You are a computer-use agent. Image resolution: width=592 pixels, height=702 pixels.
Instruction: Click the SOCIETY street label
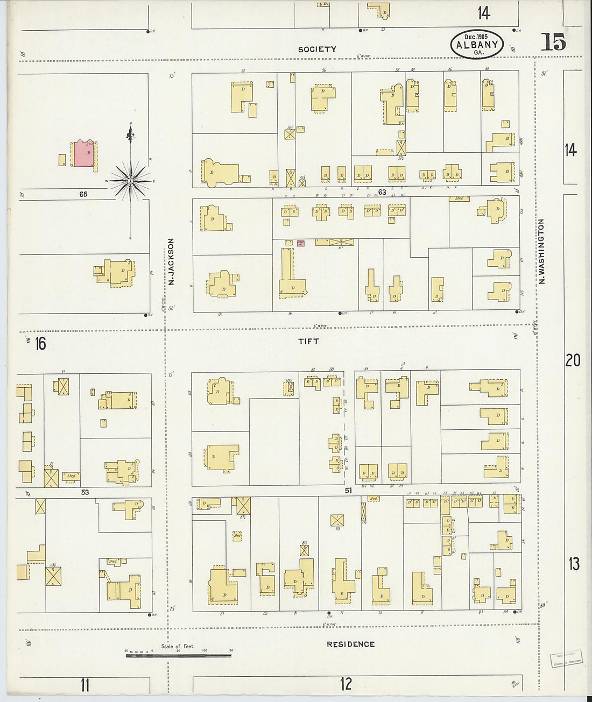[x=318, y=49]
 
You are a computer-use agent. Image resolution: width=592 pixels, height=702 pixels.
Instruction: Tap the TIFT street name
[x=309, y=341]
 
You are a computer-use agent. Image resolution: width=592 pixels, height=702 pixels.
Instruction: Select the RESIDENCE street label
[x=350, y=644]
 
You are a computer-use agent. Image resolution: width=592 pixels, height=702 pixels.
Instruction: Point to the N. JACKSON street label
[x=171, y=261]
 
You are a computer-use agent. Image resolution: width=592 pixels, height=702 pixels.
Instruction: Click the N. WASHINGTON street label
[x=542, y=251]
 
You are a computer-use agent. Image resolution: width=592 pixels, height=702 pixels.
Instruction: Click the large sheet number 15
[x=553, y=42]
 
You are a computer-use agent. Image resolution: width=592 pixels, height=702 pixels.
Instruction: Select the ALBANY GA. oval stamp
[x=477, y=44]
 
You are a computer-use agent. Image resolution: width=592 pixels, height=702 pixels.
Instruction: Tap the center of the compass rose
[x=130, y=181]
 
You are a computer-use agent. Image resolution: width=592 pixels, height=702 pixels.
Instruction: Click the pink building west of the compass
[x=83, y=154]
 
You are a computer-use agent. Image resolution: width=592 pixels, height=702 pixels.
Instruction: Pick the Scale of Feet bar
[x=178, y=655]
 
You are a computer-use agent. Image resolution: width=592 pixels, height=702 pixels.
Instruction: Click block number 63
[x=382, y=192]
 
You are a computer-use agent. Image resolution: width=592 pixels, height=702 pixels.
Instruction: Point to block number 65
[x=83, y=194]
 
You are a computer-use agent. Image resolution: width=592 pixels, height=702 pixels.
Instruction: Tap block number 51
[x=348, y=490]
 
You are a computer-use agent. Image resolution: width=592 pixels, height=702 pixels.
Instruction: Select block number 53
[x=84, y=492]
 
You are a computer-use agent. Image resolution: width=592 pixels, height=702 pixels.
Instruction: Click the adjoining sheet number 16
[x=40, y=343]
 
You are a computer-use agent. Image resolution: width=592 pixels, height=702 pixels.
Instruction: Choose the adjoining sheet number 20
[x=573, y=360]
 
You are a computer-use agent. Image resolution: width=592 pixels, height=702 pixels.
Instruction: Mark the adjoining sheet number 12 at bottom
[x=346, y=684]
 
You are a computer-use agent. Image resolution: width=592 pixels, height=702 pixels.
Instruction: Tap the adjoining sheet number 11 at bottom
[x=84, y=685]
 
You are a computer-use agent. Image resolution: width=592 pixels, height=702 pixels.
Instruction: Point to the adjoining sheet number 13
[x=574, y=564]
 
